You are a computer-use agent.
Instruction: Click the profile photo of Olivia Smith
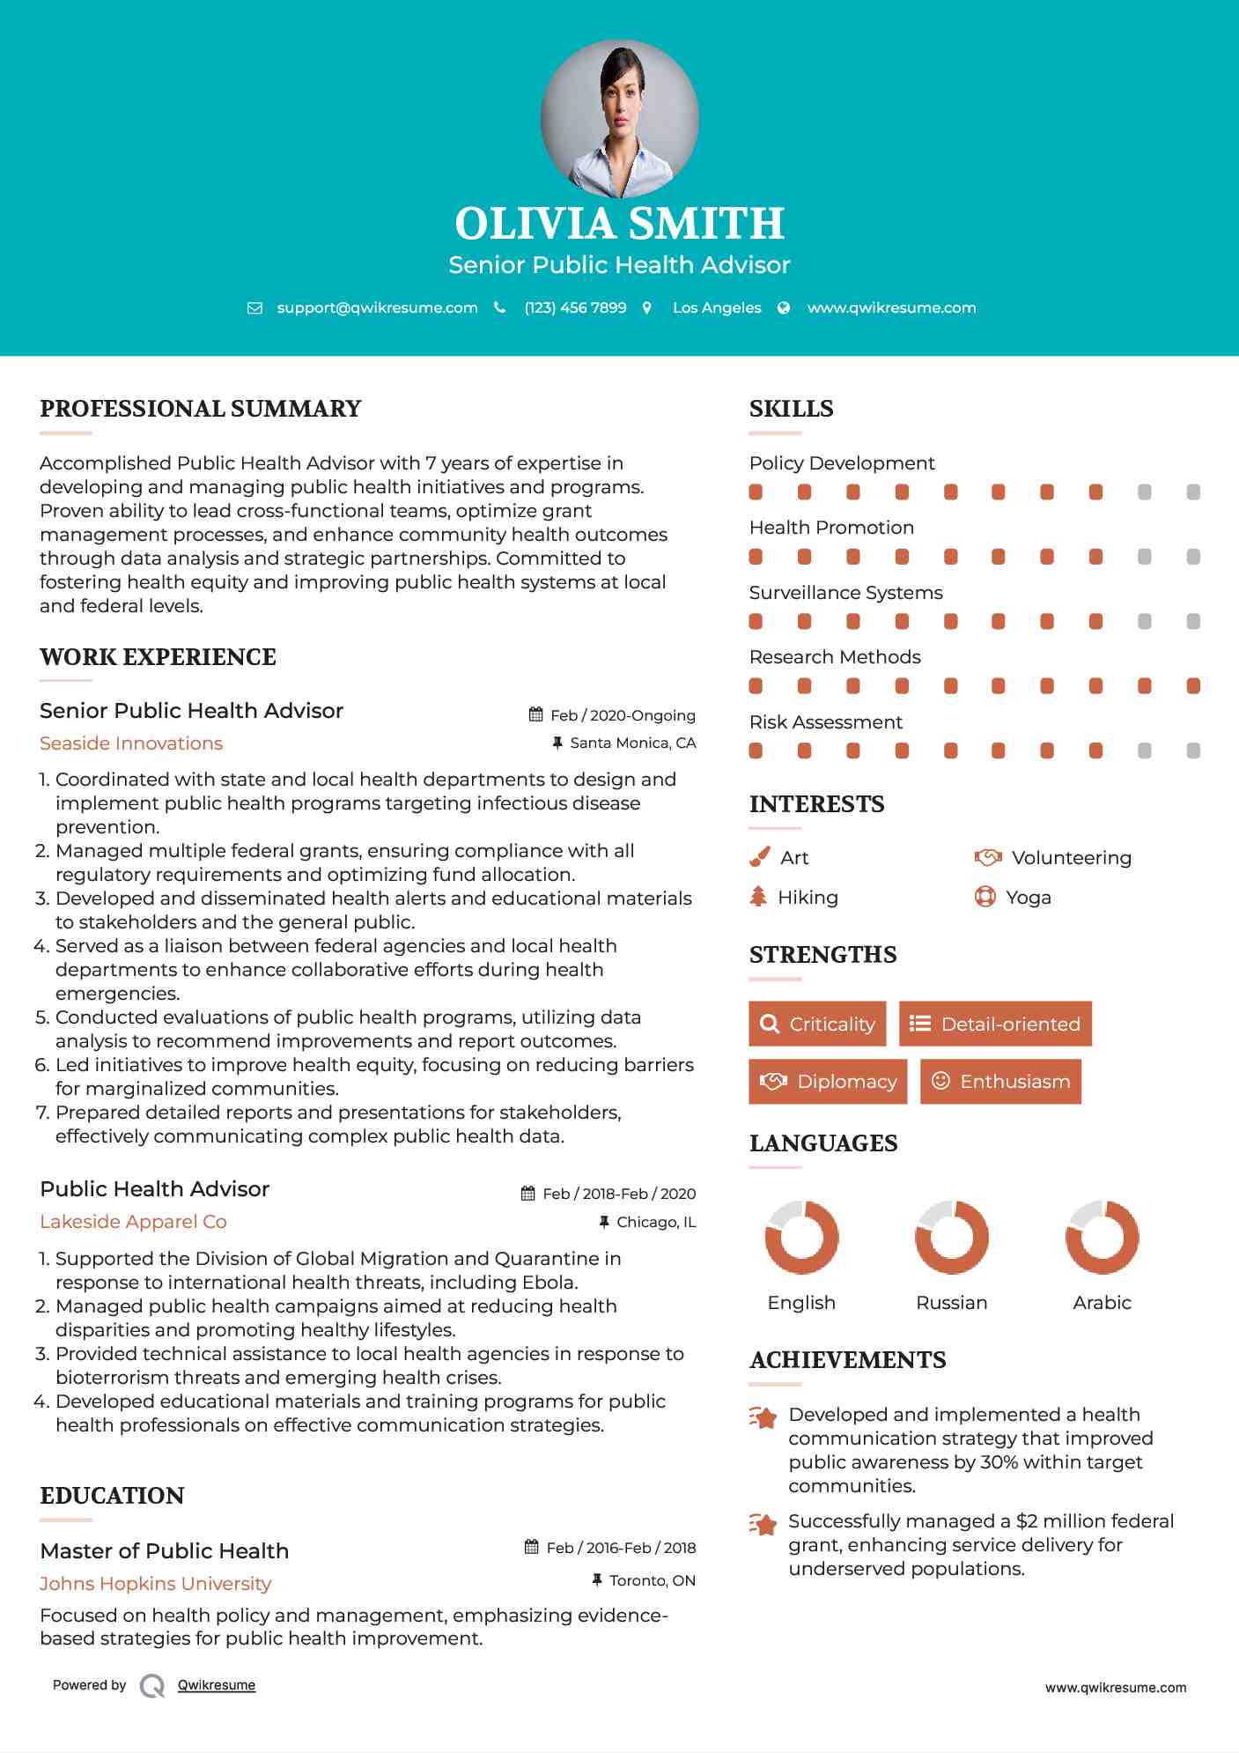620,118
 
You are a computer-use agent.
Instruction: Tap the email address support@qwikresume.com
377,307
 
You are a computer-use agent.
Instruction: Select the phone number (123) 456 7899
575,307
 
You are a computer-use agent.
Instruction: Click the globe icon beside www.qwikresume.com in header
784,307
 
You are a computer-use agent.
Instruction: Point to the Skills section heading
791,409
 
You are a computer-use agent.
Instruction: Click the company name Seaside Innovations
131,743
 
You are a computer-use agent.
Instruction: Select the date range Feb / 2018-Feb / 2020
618,1194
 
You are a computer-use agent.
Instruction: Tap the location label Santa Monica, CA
632,743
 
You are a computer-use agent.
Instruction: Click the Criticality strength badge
817,1024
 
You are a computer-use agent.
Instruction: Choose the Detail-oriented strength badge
995,1024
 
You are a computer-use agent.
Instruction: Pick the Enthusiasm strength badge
1000,1081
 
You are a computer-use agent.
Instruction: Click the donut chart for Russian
952,1237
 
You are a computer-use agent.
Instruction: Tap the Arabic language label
1102,1303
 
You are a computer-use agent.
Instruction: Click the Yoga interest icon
985,897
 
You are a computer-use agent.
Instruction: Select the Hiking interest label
808,898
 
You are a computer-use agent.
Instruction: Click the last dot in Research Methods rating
1193,686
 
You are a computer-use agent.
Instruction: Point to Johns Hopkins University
155,1584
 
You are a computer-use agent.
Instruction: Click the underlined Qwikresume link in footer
217,1685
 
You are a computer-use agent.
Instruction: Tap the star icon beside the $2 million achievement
763,1524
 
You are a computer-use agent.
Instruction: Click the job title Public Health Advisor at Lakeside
154,1189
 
